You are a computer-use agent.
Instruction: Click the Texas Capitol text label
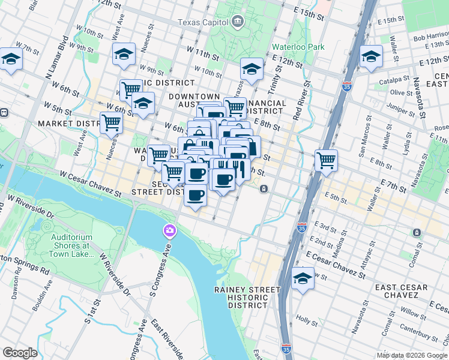click(203, 22)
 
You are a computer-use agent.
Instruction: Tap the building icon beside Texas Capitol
click(238, 23)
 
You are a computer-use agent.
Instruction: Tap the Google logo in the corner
click(20, 353)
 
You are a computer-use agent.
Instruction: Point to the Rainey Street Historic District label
click(247, 297)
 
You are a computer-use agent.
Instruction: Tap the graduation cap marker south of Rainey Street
click(303, 278)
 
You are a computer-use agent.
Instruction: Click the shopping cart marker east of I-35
click(326, 160)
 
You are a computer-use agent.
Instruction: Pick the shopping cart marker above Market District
click(111, 122)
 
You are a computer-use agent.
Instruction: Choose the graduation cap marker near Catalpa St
click(371, 57)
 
